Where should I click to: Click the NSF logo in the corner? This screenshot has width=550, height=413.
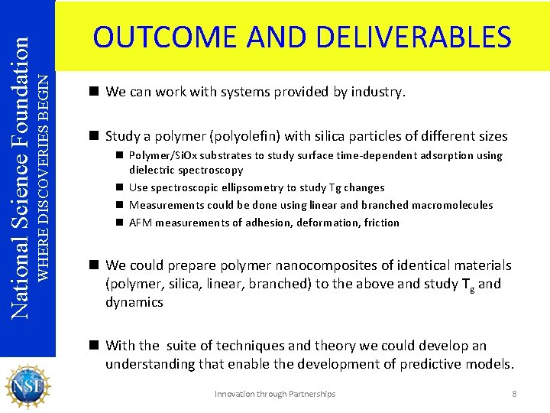(x=27, y=385)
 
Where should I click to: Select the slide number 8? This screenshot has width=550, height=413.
(x=514, y=394)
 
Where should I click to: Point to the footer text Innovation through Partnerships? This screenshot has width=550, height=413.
(x=275, y=394)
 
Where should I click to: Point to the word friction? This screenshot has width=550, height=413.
(x=382, y=223)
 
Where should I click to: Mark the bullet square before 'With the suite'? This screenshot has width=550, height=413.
(x=95, y=346)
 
